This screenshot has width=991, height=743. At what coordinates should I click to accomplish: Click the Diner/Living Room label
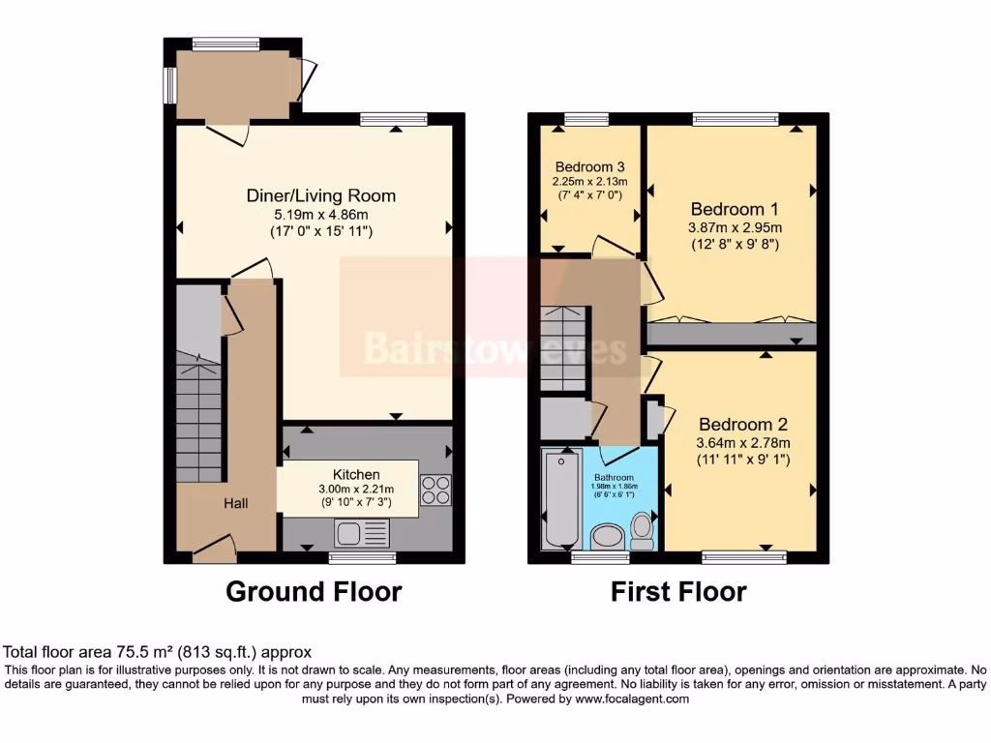320,195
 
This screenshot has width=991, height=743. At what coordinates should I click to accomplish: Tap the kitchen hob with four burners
435,490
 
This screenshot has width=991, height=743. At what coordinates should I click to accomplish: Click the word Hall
236,503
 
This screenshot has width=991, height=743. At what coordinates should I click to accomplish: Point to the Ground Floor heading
314,591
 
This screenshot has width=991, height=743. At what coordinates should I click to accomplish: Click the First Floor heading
678,591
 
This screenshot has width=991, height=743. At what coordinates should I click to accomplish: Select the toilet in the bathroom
642,529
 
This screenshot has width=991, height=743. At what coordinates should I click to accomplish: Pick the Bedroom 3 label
589,165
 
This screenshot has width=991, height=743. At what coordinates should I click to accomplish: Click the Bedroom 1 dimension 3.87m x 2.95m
736,227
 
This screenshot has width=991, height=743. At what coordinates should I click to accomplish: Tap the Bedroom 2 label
743,424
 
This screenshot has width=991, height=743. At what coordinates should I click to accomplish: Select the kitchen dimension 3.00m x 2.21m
355,490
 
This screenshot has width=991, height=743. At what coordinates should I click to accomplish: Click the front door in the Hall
215,550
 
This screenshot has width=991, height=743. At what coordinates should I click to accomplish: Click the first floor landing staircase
563,348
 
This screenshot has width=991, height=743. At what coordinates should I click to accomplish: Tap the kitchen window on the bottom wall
362,558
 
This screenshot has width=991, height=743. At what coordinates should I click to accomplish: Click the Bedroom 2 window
743,556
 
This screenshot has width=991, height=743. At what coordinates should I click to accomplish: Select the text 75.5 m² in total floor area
122,652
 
